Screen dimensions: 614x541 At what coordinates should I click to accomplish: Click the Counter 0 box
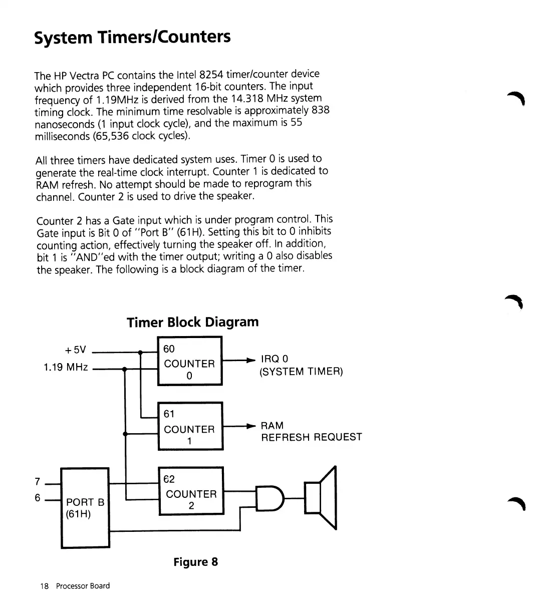click(x=190, y=361)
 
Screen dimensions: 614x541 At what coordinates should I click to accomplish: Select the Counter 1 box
click(x=190, y=426)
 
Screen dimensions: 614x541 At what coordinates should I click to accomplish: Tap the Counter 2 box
click(x=191, y=491)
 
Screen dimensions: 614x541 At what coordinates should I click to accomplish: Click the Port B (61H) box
click(x=85, y=508)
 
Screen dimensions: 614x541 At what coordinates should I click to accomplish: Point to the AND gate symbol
click(x=269, y=498)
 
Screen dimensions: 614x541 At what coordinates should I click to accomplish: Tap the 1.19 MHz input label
click(x=66, y=367)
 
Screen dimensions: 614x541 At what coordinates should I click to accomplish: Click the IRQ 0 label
click(x=274, y=359)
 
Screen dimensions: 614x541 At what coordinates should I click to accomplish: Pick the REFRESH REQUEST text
click(x=311, y=437)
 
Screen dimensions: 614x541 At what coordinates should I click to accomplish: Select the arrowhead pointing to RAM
click(x=252, y=426)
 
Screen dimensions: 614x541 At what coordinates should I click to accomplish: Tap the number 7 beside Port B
click(x=38, y=482)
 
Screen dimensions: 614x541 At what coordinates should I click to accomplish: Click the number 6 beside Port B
click(x=38, y=498)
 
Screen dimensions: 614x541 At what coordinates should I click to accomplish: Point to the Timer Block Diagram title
click(x=193, y=322)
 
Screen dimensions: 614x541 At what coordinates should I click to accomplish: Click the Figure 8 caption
click(x=195, y=561)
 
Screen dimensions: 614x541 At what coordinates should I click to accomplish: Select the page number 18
click(x=45, y=586)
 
